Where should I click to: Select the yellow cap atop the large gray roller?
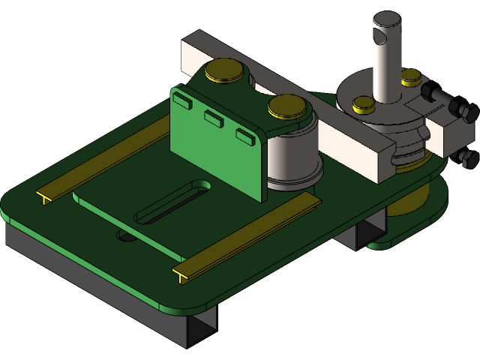click(x=287, y=106)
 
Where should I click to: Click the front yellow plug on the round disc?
click(x=363, y=104)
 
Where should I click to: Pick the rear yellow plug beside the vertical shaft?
click(x=411, y=76)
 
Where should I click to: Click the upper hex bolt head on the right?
click(x=466, y=113)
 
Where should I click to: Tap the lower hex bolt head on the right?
click(x=467, y=157)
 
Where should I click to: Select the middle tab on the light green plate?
click(x=214, y=115)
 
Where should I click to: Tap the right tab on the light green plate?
click(x=244, y=135)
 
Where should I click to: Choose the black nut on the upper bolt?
click(x=433, y=93)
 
